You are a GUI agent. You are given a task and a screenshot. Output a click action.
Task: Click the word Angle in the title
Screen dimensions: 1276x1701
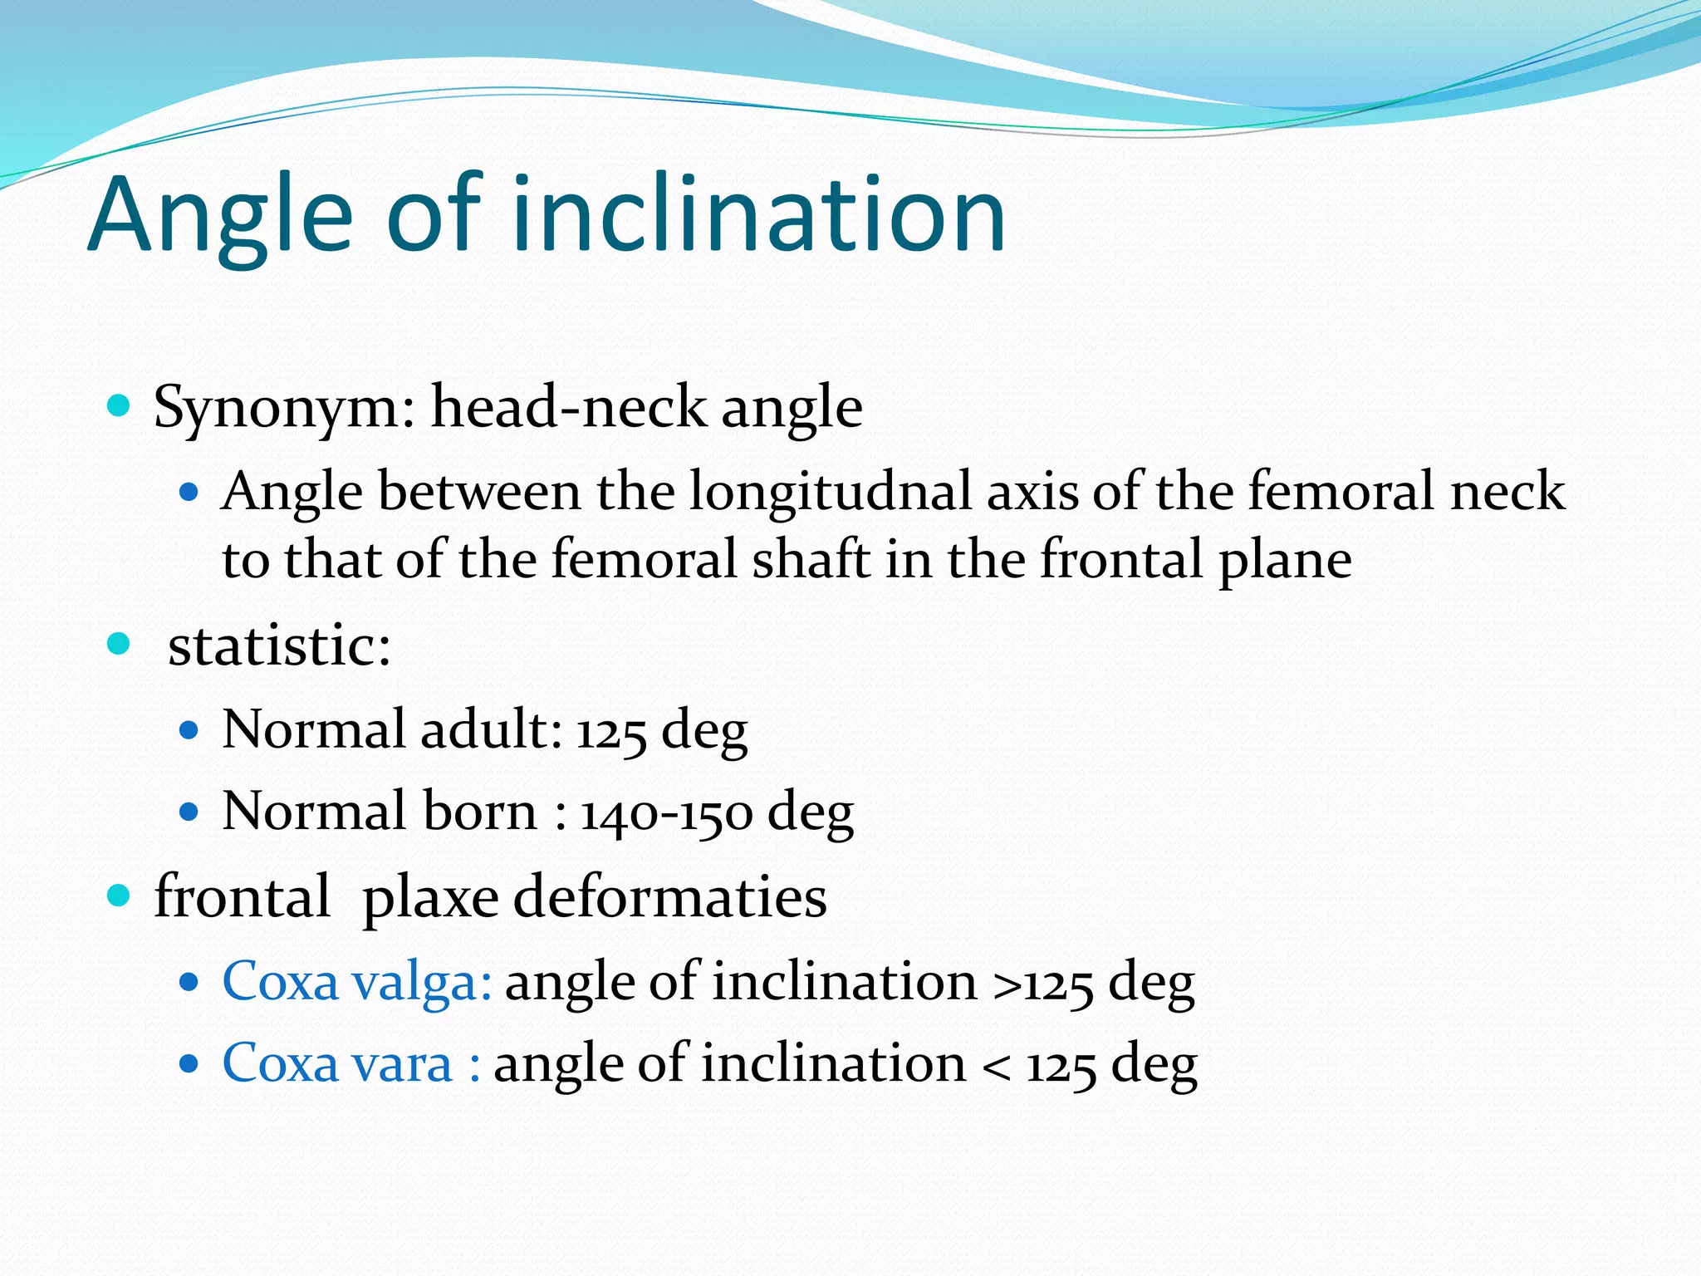[x=221, y=216]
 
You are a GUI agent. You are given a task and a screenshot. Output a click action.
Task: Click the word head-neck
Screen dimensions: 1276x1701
[x=568, y=407]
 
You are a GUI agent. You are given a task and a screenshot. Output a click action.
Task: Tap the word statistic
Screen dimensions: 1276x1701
[x=279, y=645]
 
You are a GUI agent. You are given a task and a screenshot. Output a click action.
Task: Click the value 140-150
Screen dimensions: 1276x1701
[x=666, y=812]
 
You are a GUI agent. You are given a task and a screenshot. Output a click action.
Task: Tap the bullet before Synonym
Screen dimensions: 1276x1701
[x=120, y=406]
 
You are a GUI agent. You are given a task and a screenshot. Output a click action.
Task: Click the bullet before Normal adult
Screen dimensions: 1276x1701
[x=189, y=730]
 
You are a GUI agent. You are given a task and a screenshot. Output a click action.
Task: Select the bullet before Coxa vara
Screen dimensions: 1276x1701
[x=189, y=1063]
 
